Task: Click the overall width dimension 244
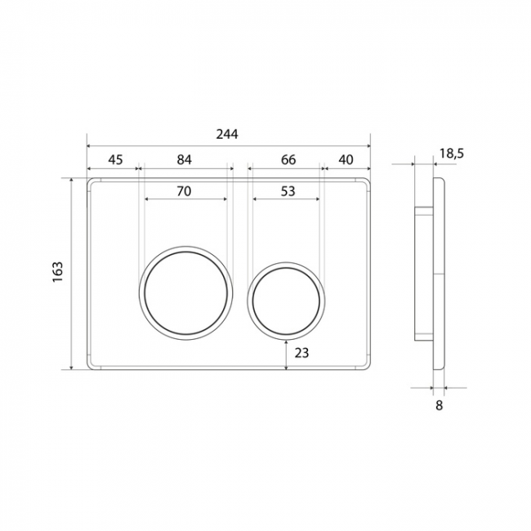227,135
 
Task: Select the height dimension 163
58,271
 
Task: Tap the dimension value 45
115,159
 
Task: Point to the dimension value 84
185,159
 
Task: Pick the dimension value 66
288,159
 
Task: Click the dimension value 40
346,159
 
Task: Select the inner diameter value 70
184,191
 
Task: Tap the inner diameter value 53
288,191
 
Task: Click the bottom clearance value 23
301,353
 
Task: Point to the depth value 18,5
452,154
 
